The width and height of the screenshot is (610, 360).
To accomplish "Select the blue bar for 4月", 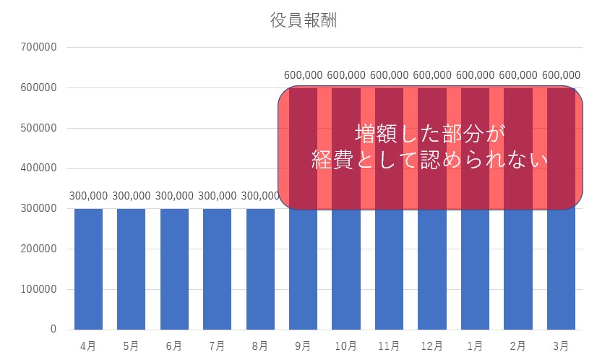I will click(88, 269).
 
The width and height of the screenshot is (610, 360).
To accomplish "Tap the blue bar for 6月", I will click(174, 269).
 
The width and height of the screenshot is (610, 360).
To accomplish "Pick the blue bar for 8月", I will click(260, 269).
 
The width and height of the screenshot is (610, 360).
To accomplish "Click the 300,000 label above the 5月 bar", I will click(132, 196).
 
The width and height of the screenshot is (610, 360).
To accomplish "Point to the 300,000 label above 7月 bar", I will click(218, 196).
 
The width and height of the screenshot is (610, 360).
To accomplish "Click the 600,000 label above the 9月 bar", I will click(304, 75).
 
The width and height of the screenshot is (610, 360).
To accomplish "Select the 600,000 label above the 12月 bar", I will click(432, 75).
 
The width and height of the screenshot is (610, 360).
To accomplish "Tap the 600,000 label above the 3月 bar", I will click(561, 75).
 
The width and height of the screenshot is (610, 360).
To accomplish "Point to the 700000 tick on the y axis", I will click(39, 48).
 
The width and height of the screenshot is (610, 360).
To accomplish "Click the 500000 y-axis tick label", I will click(39, 129).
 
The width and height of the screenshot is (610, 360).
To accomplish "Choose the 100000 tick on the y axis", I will click(39, 290).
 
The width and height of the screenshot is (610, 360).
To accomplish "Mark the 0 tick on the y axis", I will click(53, 330).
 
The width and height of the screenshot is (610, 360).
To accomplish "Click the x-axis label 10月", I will click(346, 346).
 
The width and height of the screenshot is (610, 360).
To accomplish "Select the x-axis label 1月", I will click(475, 346).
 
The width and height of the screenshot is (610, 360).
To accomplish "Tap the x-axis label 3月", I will click(561, 346).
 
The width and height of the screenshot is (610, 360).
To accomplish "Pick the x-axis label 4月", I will click(88, 346).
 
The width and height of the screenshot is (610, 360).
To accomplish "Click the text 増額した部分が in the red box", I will click(429, 133).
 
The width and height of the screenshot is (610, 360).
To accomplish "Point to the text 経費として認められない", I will click(429, 160).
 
